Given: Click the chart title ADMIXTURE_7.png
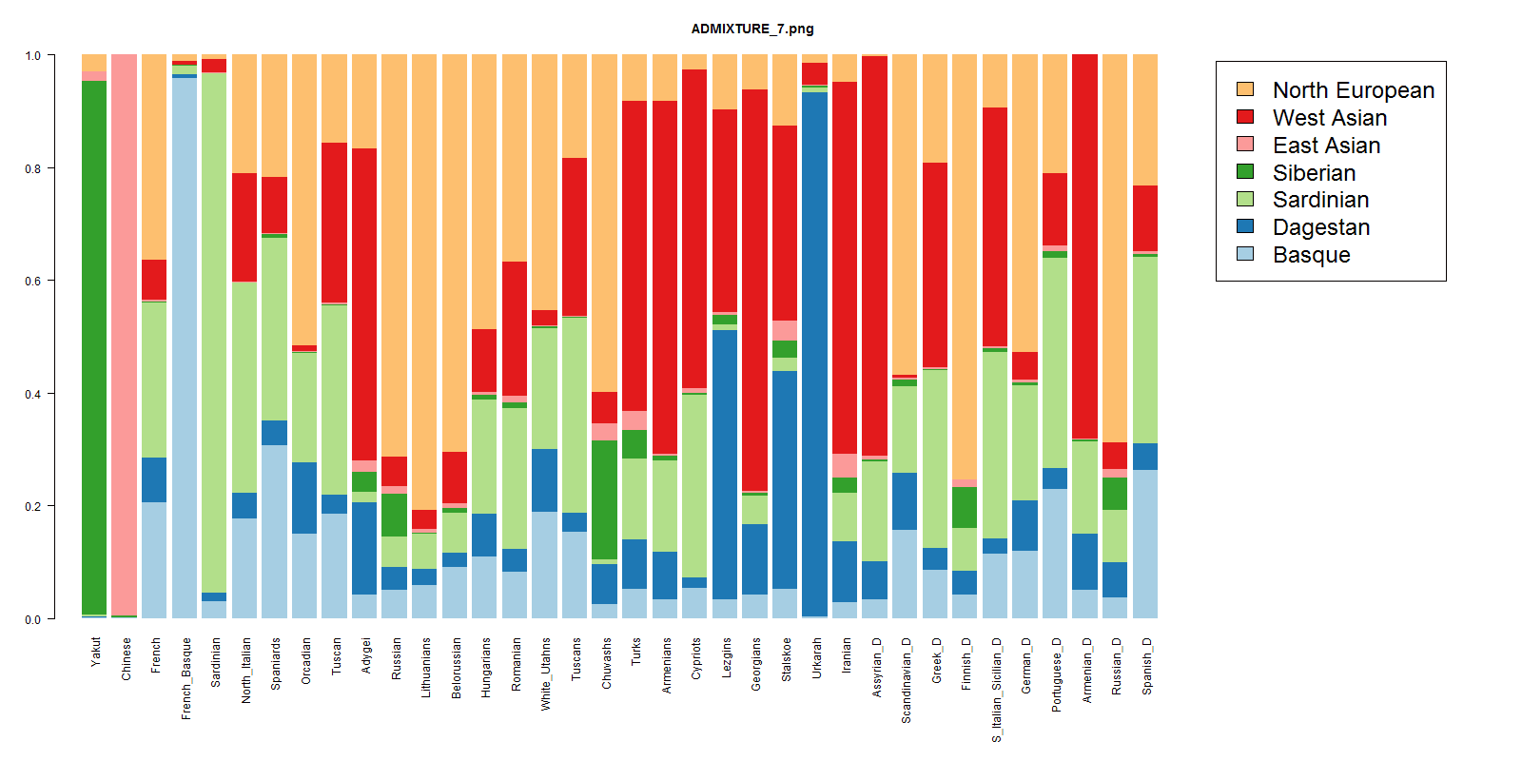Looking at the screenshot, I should (x=751, y=29).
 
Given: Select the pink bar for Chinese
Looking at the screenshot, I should (x=125, y=333).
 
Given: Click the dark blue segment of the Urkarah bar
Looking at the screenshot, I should (x=814, y=352).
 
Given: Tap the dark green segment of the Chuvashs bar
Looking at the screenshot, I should (x=604, y=499).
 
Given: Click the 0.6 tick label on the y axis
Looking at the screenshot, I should (x=33, y=282).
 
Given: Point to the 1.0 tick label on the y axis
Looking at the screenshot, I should (x=33, y=56).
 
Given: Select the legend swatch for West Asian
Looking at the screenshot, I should (x=1245, y=117).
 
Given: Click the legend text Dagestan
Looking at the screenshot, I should (x=1320, y=227).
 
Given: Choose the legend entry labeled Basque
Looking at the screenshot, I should (x=1311, y=255).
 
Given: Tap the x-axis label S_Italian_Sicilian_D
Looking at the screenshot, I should (x=996, y=690).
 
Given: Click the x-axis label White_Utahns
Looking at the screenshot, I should (x=545, y=673).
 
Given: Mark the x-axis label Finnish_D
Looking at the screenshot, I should (x=966, y=664).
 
